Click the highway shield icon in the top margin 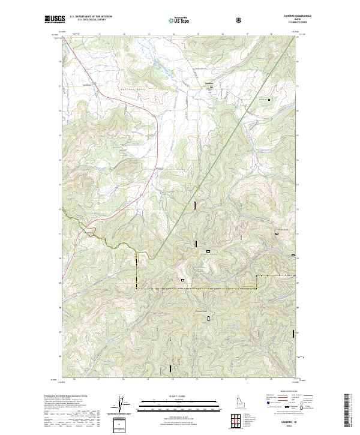click(x=240, y=20)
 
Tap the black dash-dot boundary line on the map click(x=198, y=289)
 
